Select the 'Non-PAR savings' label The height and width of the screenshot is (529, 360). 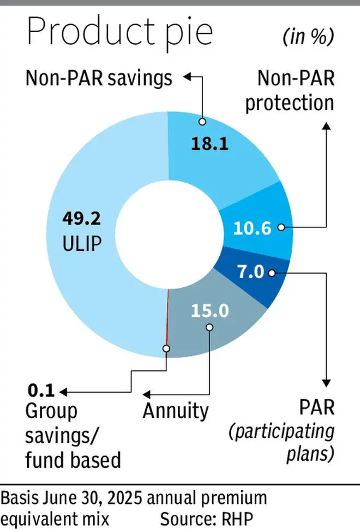[99, 79]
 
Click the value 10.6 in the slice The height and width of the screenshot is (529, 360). [251, 228]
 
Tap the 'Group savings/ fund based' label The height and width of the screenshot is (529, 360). [73, 435]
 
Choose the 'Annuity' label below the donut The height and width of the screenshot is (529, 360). [176, 411]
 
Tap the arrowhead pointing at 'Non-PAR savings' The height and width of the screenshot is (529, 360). [187, 78]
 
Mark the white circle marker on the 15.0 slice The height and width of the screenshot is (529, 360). [209, 327]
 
